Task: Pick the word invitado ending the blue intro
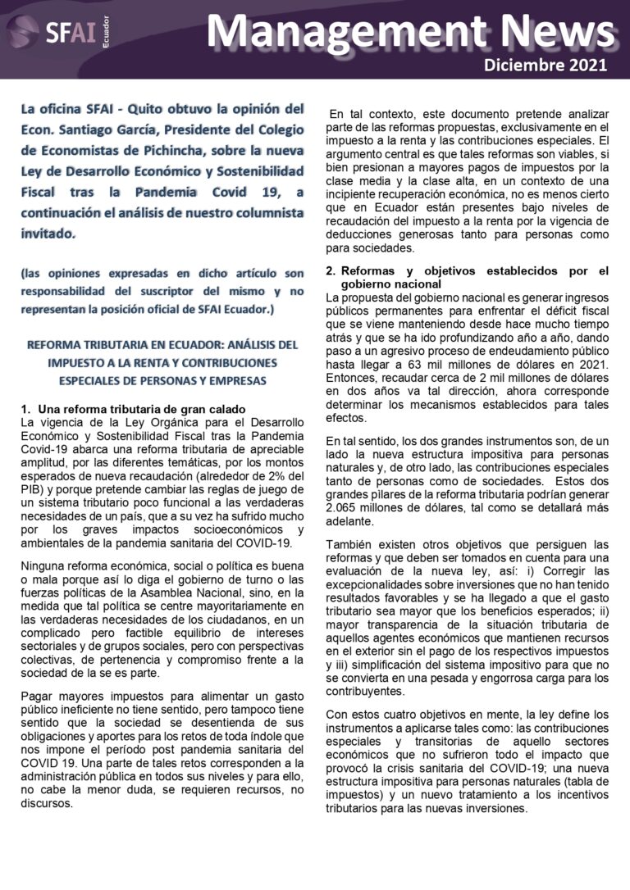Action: tap(46, 234)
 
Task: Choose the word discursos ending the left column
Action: tap(46, 804)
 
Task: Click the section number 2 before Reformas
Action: tap(330, 271)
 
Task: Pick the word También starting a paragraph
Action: tap(351, 545)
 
